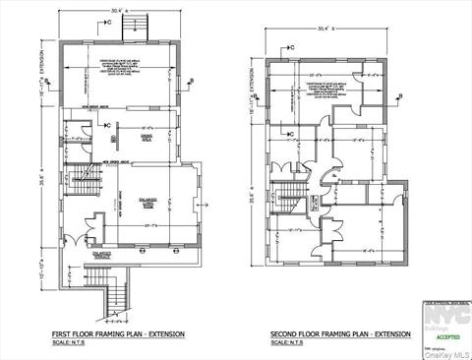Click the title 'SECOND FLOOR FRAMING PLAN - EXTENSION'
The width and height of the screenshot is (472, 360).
point(340,334)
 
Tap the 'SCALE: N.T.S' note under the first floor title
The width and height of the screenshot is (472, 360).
point(70,342)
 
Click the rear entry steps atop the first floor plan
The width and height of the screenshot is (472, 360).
point(128,30)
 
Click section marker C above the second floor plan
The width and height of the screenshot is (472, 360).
point(292,46)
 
